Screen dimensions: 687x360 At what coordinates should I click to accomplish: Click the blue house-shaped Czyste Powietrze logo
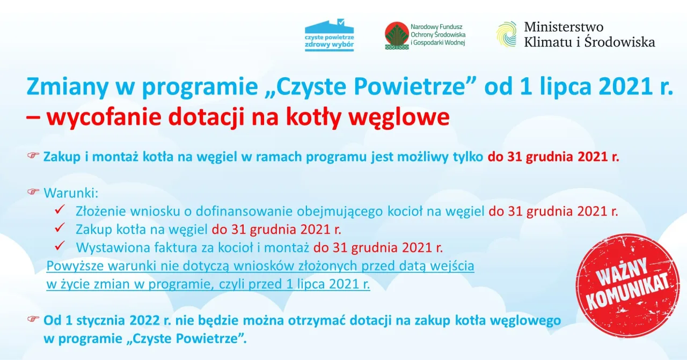[x=329, y=35]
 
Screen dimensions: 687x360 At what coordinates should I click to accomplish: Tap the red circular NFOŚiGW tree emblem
[x=397, y=35]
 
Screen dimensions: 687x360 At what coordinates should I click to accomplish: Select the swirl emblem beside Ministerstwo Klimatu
[x=506, y=34]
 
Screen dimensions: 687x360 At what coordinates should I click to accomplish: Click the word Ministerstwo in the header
[x=564, y=27]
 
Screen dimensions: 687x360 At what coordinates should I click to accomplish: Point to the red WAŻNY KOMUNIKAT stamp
[x=627, y=285]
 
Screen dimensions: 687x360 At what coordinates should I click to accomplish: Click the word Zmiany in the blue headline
[x=68, y=87]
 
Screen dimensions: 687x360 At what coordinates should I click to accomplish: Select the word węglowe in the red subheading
[x=399, y=117]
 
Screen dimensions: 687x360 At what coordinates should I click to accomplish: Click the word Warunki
[x=71, y=193]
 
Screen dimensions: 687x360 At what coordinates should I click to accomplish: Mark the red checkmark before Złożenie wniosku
[x=60, y=209]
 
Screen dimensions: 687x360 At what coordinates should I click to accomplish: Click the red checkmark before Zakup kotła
[x=60, y=227]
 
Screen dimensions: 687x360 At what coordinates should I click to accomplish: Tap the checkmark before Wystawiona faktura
[x=60, y=246]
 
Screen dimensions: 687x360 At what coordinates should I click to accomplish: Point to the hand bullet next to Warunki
[x=33, y=192]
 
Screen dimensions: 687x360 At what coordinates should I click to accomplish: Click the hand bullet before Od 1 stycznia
[x=33, y=319]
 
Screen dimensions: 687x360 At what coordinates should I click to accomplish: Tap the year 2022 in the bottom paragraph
[x=144, y=320]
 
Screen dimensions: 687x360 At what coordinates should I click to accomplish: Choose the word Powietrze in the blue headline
[x=410, y=86]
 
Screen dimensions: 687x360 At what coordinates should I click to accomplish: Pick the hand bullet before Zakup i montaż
[x=33, y=156]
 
